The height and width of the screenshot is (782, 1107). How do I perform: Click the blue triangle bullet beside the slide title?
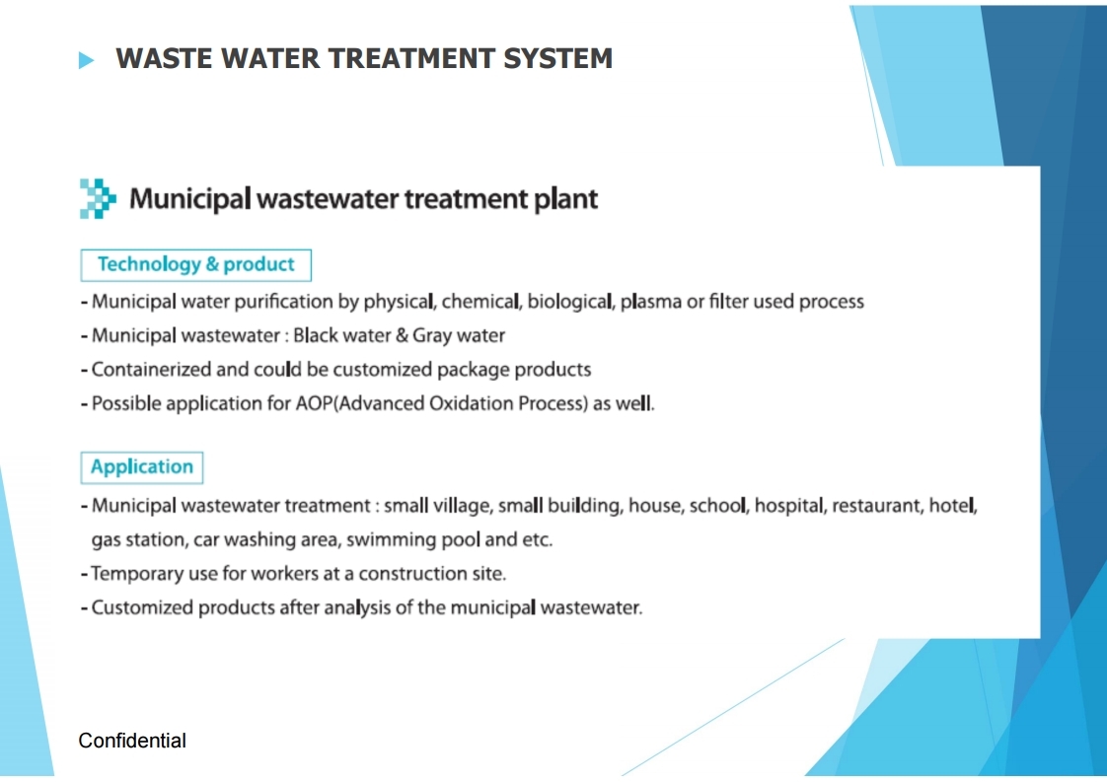pos(86,60)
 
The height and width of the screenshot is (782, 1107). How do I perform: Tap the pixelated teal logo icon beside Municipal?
pos(98,198)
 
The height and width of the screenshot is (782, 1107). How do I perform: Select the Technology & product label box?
pos(195,264)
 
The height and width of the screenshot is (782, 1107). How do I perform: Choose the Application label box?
pos(142,467)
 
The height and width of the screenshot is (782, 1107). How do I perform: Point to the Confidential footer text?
pos(132,741)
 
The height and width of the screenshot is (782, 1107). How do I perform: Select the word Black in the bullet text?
pos(316,335)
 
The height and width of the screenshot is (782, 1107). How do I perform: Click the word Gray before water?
pos(432,336)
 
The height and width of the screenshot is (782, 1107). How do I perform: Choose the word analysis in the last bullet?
pos(357,608)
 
